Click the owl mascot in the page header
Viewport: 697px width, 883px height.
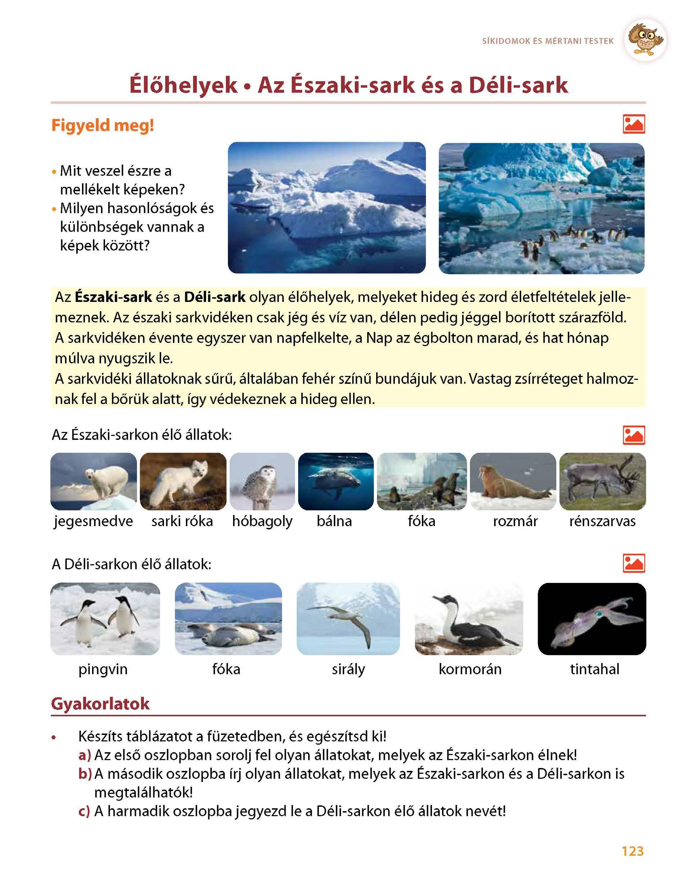pos(646,40)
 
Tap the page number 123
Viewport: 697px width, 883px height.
pos(633,851)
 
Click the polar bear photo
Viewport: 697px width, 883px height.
pos(94,481)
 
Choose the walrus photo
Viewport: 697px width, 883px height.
pos(513,481)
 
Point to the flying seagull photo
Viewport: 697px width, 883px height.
pos(348,618)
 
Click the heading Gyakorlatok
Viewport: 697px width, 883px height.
pos(100,704)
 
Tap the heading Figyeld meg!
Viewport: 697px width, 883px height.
pos(103,125)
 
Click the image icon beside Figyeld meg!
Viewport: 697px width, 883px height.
pos(634,124)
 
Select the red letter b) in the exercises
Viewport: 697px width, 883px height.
pos(85,774)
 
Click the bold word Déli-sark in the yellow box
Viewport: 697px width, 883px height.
pos(215,297)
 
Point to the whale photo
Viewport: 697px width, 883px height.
pos(336,481)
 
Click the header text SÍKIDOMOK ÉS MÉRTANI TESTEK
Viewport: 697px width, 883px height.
pos(548,41)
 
